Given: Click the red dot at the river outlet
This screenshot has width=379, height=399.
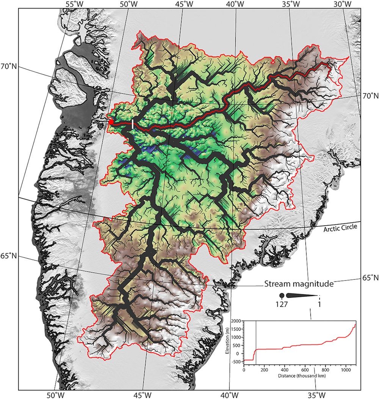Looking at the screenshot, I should [x=110, y=122].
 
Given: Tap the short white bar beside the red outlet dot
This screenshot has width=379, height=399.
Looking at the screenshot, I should [x=133, y=123].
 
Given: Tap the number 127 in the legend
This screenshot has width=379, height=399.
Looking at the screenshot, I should [x=281, y=304].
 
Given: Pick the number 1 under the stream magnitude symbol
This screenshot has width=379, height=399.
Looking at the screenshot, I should [x=319, y=304].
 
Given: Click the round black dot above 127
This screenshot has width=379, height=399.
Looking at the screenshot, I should [x=282, y=295].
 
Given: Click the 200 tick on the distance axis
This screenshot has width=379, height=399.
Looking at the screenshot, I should [x=264, y=369].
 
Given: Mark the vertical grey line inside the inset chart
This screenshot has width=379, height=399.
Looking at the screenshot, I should [x=256, y=342].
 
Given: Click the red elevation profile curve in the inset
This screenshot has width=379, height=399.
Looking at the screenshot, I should [x=303, y=345].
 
